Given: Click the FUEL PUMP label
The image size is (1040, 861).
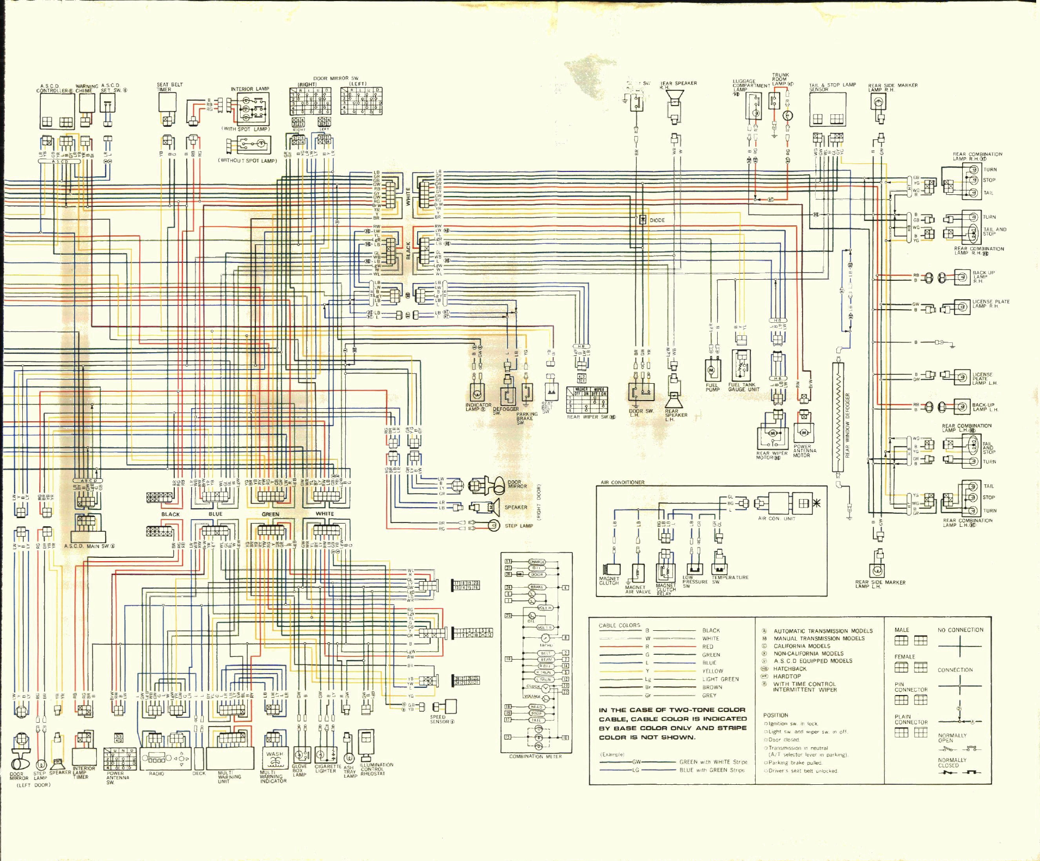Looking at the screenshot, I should click(x=713, y=387).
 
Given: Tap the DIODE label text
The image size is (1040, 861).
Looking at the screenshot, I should click(x=657, y=220).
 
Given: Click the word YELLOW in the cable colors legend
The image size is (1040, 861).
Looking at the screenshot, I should click(x=712, y=671).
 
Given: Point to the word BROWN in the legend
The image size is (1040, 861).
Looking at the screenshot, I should click(x=712, y=687).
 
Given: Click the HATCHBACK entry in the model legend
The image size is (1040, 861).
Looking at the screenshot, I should click(x=790, y=669).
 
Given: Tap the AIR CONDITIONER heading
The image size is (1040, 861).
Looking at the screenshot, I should click(x=622, y=482).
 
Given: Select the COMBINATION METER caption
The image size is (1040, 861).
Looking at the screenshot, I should click(x=536, y=757).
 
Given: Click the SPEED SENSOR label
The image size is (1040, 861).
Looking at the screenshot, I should click(x=440, y=719).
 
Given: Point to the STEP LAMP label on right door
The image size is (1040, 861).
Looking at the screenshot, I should click(x=518, y=526).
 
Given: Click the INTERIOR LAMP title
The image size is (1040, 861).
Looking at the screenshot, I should click(x=250, y=89).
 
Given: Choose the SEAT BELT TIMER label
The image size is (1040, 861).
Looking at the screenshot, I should click(x=169, y=87).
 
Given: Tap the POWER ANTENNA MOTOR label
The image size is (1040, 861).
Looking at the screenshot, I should click(x=804, y=451).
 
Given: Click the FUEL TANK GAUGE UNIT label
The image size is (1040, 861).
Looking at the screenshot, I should click(x=743, y=387).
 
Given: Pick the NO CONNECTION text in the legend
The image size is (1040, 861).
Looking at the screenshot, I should click(x=961, y=630).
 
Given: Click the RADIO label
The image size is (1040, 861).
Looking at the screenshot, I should click(x=156, y=773).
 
